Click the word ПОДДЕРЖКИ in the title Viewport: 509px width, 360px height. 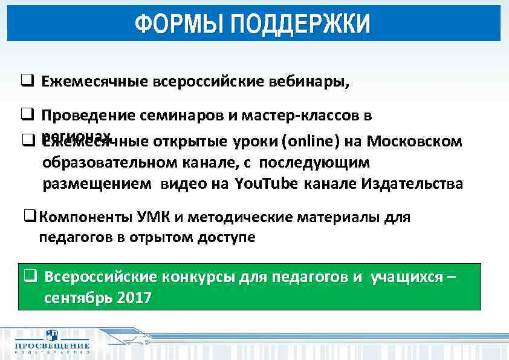click(300, 25)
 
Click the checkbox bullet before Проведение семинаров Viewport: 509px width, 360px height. click(27, 114)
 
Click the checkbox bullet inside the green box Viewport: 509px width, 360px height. click(30, 277)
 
